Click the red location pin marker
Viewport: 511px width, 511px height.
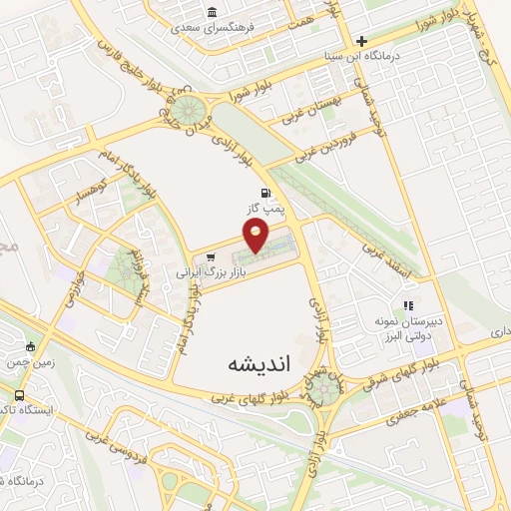click(x=256, y=236)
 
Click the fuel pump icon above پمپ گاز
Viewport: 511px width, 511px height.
click(x=263, y=193)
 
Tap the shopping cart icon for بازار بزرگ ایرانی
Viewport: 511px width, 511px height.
click(x=210, y=257)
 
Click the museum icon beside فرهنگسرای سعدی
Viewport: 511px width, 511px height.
click(x=212, y=12)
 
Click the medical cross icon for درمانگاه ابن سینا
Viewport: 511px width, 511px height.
click(x=361, y=41)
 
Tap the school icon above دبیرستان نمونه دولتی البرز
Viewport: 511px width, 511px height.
click(x=406, y=305)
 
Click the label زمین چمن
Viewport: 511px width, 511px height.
click(x=28, y=365)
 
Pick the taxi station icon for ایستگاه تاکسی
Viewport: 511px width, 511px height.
click(x=21, y=396)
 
